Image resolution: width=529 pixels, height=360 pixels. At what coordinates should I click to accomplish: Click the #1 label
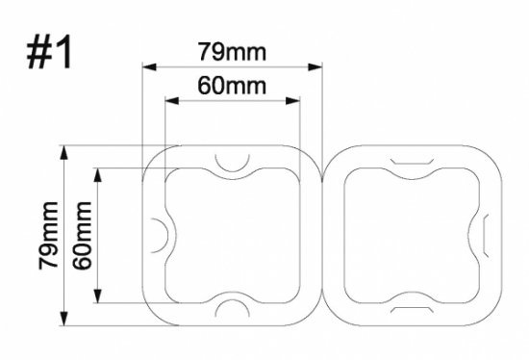[49, 52]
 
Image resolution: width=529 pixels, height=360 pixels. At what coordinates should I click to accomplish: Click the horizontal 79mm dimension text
[232, 52]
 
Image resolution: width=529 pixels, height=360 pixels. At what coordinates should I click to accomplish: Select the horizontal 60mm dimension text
[232, 86]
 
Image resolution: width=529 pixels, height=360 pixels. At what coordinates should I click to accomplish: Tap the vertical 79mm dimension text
[49, 236]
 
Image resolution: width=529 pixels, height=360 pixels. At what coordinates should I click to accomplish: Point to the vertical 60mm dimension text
[82, 236]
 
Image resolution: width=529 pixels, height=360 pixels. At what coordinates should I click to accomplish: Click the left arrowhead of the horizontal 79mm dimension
[149, 66]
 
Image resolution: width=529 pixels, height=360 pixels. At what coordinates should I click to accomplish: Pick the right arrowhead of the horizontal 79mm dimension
[315, 66]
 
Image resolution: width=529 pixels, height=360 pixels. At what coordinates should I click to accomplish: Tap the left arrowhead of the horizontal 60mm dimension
[172, 101]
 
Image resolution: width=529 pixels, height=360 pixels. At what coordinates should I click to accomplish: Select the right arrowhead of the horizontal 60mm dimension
[292, 101]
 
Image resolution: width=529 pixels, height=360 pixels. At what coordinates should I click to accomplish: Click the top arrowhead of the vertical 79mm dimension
[63, 152]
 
